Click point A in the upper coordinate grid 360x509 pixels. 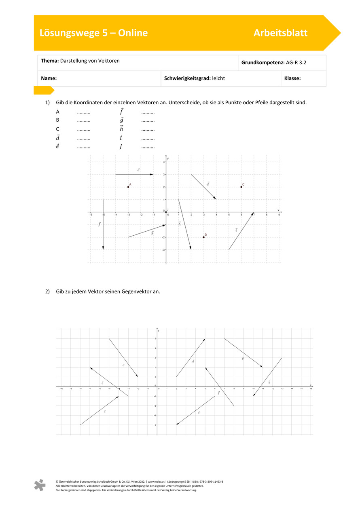pyautogui.click(x=128, y=187)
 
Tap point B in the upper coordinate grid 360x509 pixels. pyautogui.click(x=203, y=237)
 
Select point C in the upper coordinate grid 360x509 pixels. pyautogui.click(x=241, y=187)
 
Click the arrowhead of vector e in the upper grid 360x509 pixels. pyautogui.click(x=152, y=174)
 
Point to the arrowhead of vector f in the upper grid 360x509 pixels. pyautogui.click(x=103, y=248)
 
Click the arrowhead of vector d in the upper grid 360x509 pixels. pyautogui.click(x=215, y=199)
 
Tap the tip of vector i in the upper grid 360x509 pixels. pyautogui.click(x=253, y=213)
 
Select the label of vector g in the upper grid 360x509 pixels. pyautogui.click(x=152, y=232)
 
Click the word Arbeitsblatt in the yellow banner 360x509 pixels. pyautogui.click(x=280, y=33)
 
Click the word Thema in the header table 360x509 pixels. pyautogui.click(x=49, y=61)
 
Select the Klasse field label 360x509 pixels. pyautogui.click(x=292, y=78)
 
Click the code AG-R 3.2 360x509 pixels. pyautogui.click(x=299, y=63)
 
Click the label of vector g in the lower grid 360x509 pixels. pyautogui.click(x=243, y=358)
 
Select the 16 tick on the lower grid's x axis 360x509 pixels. pyautogui.click(x=311, y=389)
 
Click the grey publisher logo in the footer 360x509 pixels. pyautogui.click(x=40, y=485)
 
